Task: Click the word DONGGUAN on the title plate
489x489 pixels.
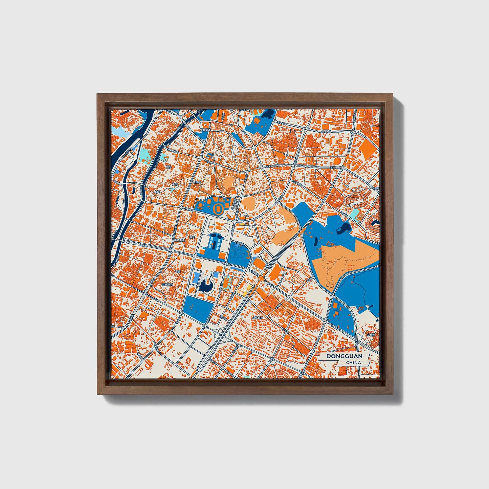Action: click(344, 356)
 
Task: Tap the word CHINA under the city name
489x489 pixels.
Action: click(353, 362)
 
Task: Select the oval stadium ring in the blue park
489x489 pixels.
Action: click(218, 208)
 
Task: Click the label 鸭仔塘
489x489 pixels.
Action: click(197, 182)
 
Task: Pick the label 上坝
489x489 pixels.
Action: click(157, 192)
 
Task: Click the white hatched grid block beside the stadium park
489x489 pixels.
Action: click(236, 203)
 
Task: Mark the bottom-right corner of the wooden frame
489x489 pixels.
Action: click(393, 394)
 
